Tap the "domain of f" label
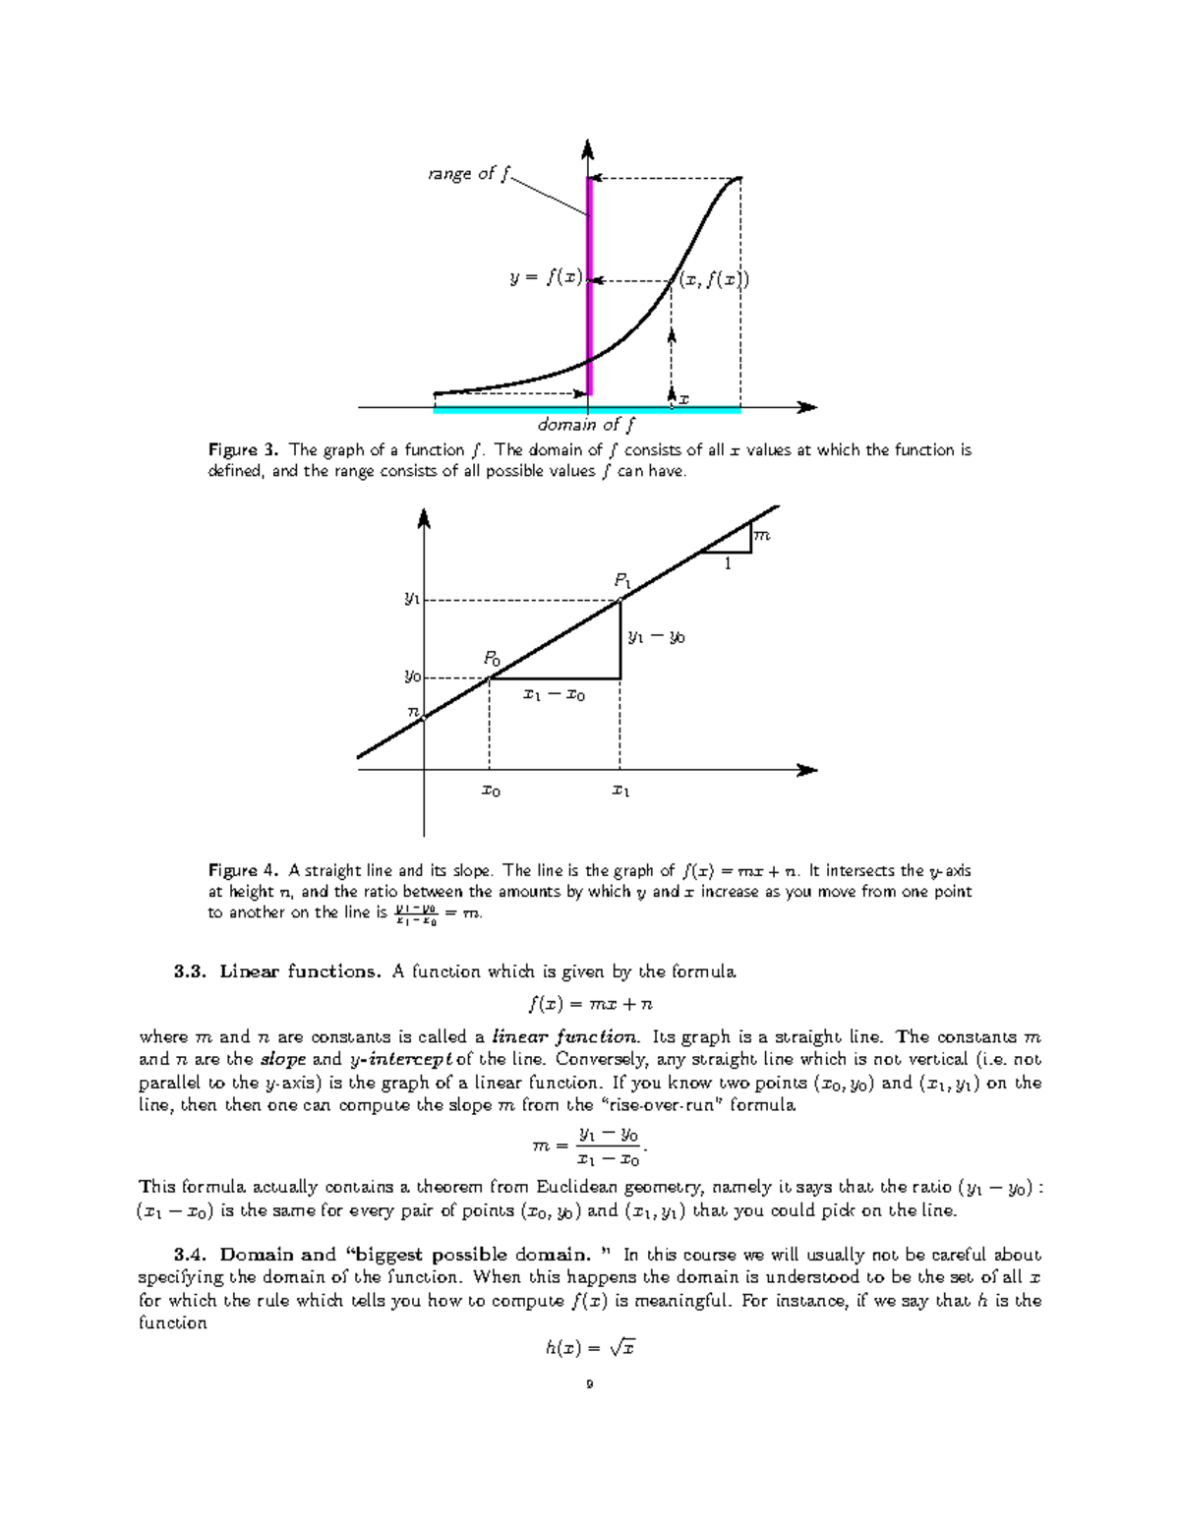586,425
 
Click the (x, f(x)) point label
713,280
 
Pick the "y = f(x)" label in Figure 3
546,277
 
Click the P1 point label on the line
622,581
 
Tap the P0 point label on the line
491,659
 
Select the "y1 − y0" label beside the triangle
656,637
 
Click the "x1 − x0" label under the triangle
554,695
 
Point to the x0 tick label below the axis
490,791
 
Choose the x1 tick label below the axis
619,791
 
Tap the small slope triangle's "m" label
761,535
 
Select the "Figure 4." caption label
244,870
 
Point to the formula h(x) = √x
590,1348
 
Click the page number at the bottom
589,1385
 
